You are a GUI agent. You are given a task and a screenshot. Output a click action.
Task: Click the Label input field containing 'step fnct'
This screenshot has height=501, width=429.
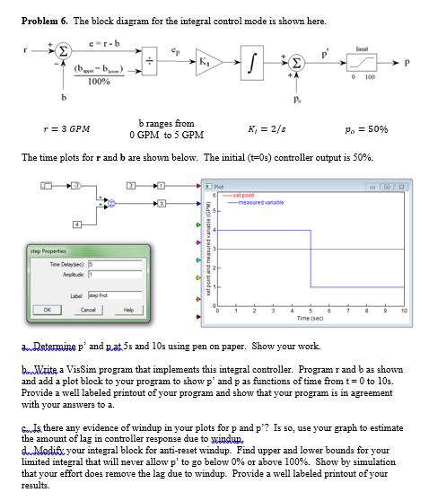97,293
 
